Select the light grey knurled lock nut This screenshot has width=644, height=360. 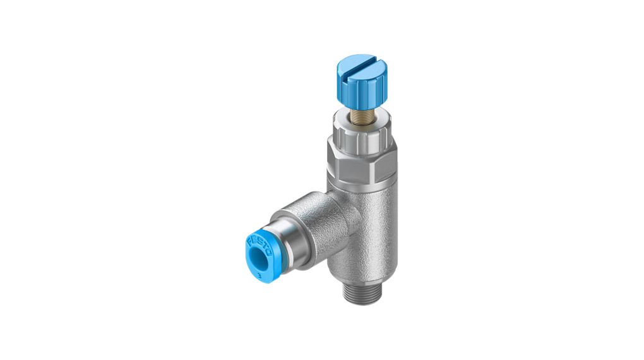pos(361,136)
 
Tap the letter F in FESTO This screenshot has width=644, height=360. pos(249,239)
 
